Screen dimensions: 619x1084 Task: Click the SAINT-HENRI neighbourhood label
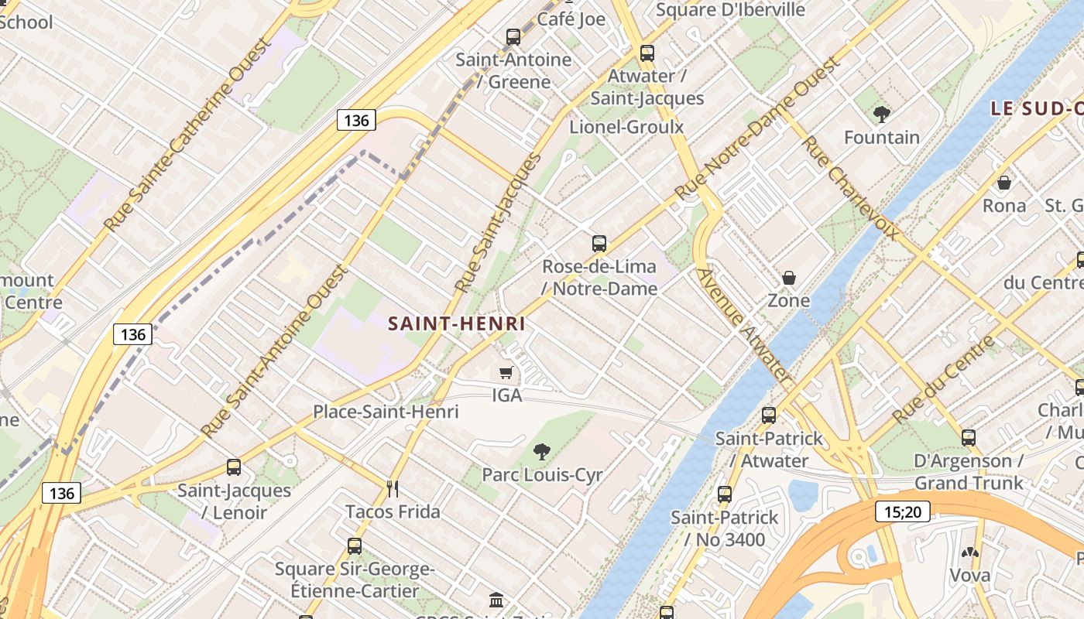(x=456, y=323)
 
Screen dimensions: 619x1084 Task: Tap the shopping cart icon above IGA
(x=506, y=373)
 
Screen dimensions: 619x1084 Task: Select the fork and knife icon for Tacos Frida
(x=393, y=488)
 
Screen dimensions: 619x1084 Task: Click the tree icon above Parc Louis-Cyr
(x=542, y=451)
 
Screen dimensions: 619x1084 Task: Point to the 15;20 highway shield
(x=903, y=511)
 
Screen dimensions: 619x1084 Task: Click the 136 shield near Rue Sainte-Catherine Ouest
(x=356, y=120)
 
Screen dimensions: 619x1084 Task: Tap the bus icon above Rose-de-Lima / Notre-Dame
(x=599, y=244)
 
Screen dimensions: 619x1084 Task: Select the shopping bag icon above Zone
(x=788, y=277)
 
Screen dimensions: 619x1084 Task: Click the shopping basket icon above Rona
(x=1003, y=183)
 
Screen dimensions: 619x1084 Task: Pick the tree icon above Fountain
(x=881, y=115)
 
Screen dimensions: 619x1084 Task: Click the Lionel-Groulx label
(x=626, y=127)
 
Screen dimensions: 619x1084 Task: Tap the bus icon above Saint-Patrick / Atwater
(x=768, y=416)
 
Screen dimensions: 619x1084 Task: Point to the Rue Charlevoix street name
(x=850, y=187)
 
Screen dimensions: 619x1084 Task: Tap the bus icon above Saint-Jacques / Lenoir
(x=234, y=467)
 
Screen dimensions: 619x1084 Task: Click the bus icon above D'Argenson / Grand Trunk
(x=968, y=438)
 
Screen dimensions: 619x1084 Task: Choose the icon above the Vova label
(x=969, y=552)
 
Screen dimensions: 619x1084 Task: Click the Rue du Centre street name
(x=942, y=379)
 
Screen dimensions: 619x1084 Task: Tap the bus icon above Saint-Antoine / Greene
(x=513, y=36)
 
